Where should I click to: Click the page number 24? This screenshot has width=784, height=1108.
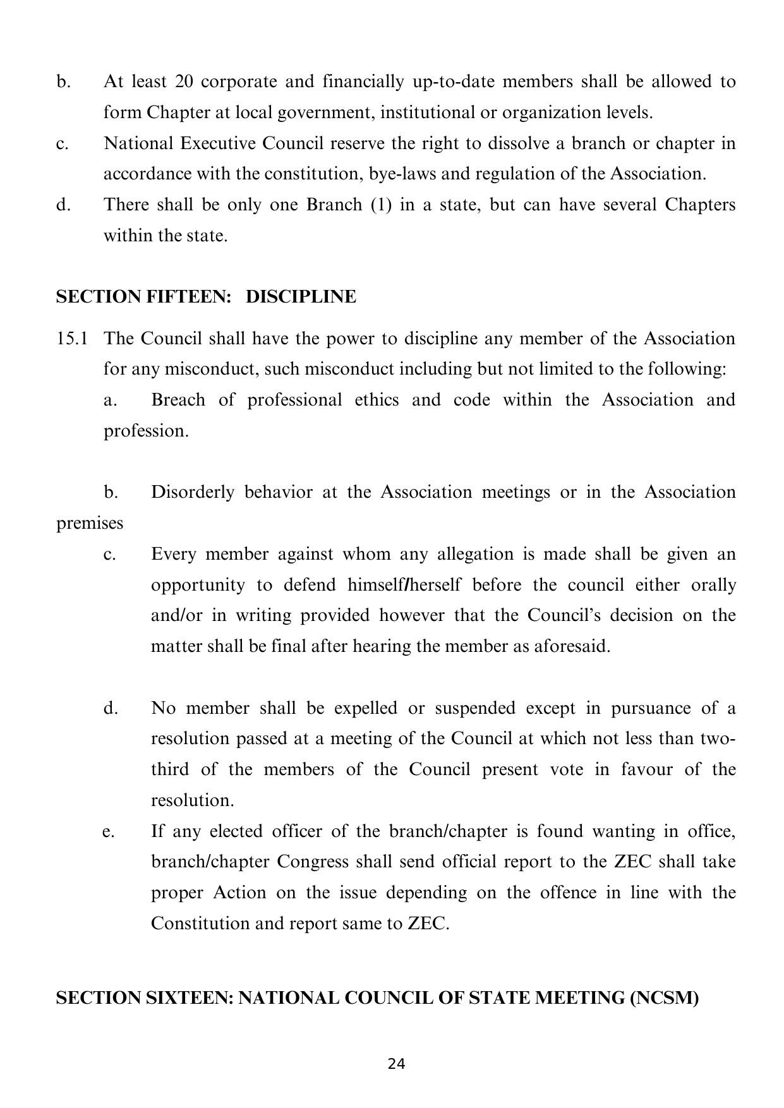[396, 1064]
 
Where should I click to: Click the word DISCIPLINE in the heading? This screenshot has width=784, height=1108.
[301, 296]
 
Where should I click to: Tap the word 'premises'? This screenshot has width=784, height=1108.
[90, 524]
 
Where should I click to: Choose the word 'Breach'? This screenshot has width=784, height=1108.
[178, 400]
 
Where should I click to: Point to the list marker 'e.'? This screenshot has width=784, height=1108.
[109, 831]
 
